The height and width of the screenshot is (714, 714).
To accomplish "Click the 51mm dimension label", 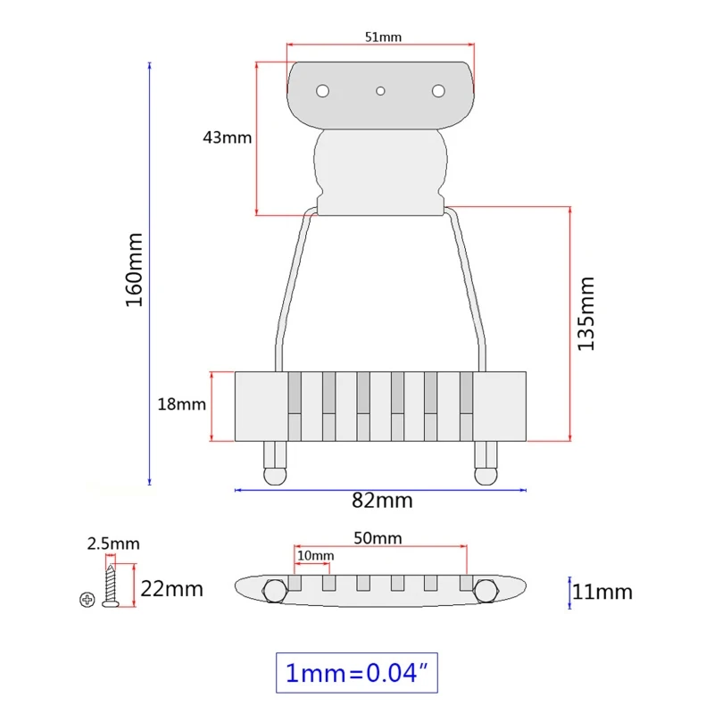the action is point(383,37).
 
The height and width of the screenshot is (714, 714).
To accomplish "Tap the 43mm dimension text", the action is point(228,137).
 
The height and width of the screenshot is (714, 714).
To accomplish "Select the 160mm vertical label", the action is point(135,270).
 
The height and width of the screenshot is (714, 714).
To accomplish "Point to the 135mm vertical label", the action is point(586,313).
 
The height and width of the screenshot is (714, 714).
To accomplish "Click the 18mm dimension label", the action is point(182,404).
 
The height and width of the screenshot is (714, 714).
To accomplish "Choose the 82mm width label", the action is point(382,501).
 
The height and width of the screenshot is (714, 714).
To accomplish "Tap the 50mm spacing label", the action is point(378,538).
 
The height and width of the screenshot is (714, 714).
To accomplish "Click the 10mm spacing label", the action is point(316,555).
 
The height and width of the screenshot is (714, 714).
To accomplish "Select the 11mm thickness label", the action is point(602,592).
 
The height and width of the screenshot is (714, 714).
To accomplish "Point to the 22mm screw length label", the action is point(171,589).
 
